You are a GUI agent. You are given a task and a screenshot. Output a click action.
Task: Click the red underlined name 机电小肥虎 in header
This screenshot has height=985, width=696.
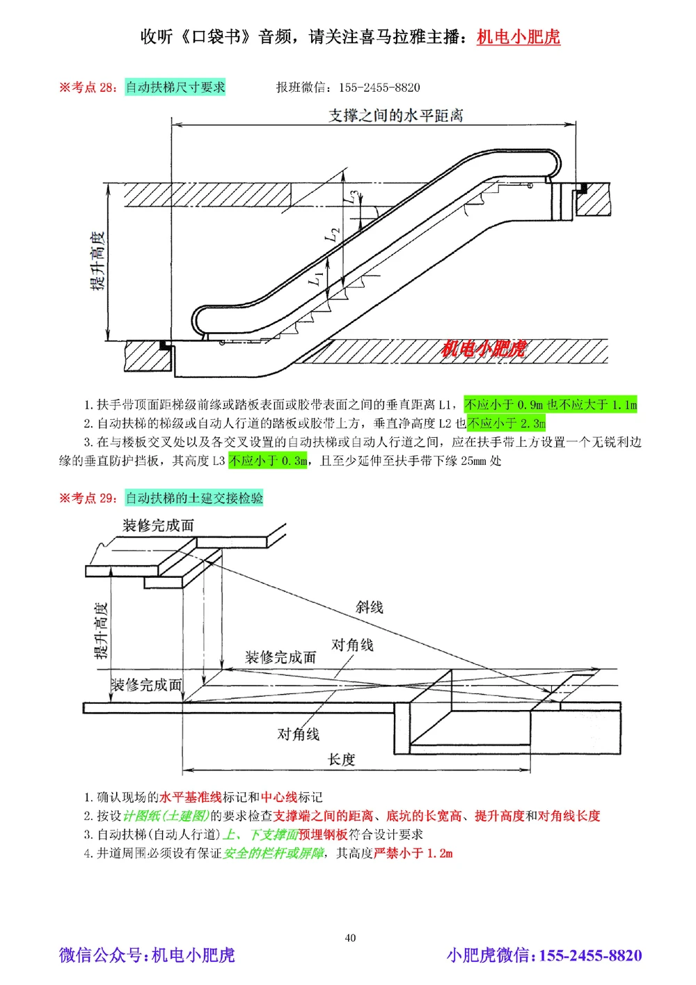tap(518, 37)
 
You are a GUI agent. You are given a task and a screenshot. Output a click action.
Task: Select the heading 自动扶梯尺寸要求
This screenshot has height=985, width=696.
tap(175, 87)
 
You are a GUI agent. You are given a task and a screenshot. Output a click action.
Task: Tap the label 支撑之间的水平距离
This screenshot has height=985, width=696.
tap(395, 116)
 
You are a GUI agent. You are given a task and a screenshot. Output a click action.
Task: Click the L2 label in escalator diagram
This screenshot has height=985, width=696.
tap(332, 235)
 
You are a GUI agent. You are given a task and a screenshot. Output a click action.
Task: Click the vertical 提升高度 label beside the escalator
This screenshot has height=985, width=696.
tap(98, 261)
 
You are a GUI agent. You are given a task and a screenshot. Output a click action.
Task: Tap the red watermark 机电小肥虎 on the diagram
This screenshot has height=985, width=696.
tap(484, 349)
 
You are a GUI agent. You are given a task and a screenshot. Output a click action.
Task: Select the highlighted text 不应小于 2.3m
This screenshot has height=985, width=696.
tap(507, 423)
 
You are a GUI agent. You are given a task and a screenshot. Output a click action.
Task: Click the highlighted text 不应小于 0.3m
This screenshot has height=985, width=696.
tap(268, 461)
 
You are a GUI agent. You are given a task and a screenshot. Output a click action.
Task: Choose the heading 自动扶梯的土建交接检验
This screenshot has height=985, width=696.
tap(194, 498)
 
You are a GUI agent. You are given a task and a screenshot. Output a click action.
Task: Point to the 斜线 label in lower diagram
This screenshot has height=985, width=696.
tap(369, 607)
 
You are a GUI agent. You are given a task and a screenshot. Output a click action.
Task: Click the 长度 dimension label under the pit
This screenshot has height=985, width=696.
tap(341, 759)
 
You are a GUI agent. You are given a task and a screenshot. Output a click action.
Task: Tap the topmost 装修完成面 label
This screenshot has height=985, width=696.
tap(158, 526)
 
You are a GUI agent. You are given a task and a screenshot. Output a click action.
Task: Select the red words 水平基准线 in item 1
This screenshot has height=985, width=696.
tap(191, 797)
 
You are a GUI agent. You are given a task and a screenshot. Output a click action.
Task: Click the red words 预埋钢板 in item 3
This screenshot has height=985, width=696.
tap(323, 835)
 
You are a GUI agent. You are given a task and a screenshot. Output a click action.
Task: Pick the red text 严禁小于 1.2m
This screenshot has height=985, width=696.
tap(413, 853)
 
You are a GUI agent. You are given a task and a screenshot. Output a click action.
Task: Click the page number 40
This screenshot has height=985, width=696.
tap(350, 938)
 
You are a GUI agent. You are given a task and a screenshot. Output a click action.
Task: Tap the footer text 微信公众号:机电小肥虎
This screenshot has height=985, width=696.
tap(147, 955)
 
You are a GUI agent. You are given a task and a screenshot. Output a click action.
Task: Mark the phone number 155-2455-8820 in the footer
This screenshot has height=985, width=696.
tap(590, 955)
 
